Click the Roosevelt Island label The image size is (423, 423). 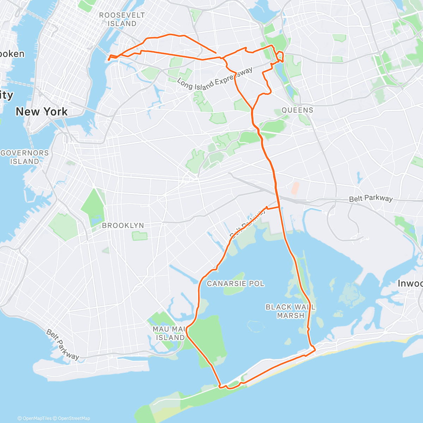(x=122, y=19)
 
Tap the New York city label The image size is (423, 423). (x=42, y=112)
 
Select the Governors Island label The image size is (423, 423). (x=25, y=157)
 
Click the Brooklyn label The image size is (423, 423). (x=123, y=225)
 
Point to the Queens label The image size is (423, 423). (x=297, y=110)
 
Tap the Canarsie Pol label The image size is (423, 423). (x=235, y=283)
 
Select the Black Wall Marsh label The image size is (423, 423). (x=290, y=311)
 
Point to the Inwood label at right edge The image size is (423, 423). (x=410, y=283)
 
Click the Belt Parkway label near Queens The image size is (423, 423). (x=370, y=198)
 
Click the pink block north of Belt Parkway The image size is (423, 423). (x=295, y=188)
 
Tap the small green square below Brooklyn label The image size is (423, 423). (x=140, y=236)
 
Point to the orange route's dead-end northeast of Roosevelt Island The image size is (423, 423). (x=216, y=53)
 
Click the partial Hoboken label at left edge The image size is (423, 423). (x=12, y=54)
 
